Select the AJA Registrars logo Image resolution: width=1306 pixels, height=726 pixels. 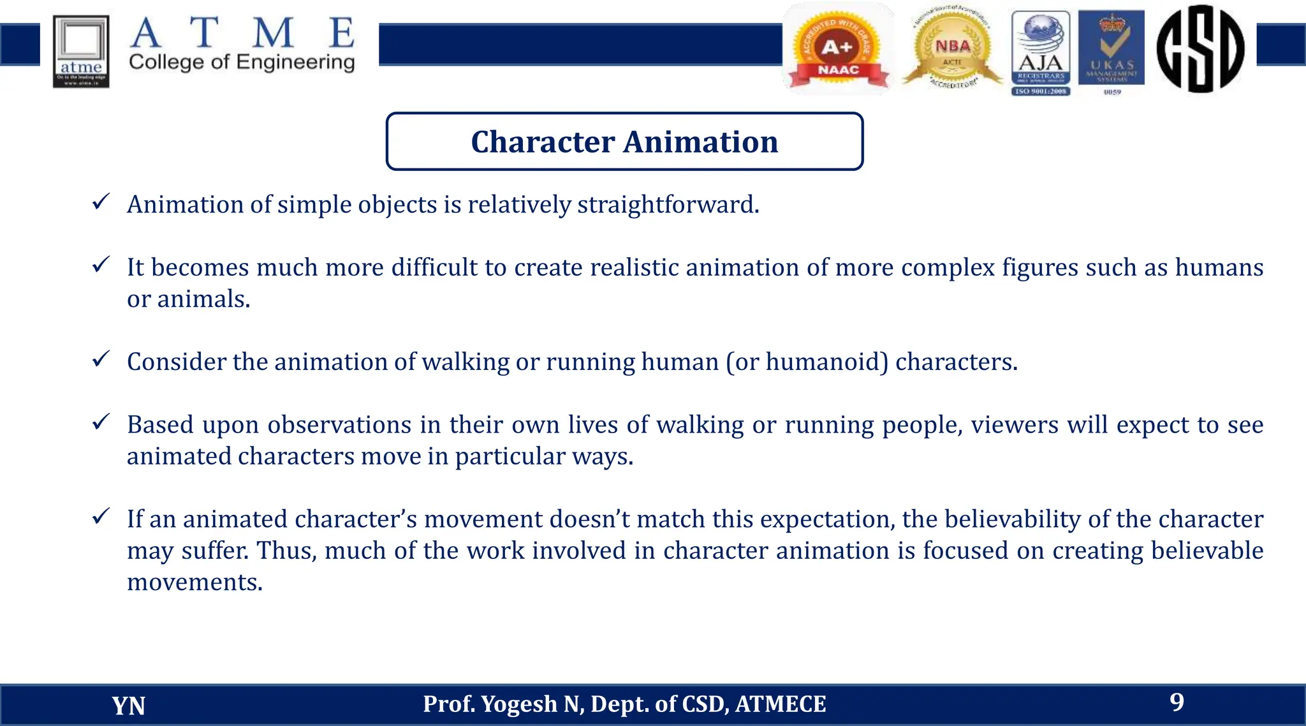coord(1041,52)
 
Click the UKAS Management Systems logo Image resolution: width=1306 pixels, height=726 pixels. coord(1112,51)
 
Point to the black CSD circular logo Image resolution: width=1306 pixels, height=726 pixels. coord(1200,48)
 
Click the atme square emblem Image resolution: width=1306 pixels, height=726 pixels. coord(81,51)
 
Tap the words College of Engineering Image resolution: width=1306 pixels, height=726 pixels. coord(242,63)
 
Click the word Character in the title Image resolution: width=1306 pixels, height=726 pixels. coord(543,142)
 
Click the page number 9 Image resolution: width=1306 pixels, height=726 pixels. coord(1177,702)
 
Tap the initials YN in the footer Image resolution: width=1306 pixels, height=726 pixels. coord(128,706)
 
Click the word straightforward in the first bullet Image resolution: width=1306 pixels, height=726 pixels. coord(668,205)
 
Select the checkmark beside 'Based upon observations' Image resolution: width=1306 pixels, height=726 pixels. coord(101,422)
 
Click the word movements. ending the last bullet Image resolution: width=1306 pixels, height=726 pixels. coord(194,582)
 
